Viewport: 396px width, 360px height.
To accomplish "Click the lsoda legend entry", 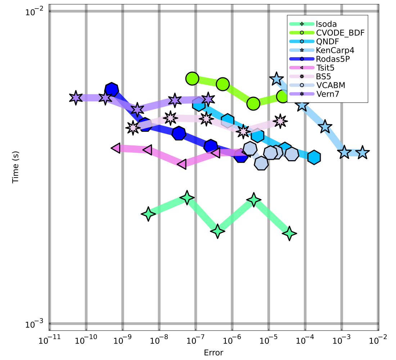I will pyautogui.click(x=326, y=24).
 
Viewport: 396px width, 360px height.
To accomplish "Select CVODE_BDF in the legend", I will pyautogui.click(x=340, y=33).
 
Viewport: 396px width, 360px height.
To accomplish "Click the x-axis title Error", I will pyautogui.click(x=213, y=352).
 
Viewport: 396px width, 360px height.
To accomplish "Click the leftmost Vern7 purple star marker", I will pyautogui.click(x=76, y=98).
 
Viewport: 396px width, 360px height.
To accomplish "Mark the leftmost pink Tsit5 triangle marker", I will pyautogui.click(x=116, y=148).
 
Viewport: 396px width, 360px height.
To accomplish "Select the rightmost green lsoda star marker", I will pyautogui.click(x=289, y=234).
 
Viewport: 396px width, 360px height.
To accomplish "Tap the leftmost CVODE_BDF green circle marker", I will pyautogui.click(x=193, y=78).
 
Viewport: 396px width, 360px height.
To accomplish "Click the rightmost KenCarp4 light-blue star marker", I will pyautogui.click(x=363, y=153).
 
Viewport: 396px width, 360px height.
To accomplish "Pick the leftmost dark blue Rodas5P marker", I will pyautogui.click(x=112, y=89).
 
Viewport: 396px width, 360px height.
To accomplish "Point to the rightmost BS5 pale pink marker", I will pyautogui.click(x=280, y=121).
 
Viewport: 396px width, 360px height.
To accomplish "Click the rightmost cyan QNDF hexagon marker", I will pyautogui.click(x=314, y=157).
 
